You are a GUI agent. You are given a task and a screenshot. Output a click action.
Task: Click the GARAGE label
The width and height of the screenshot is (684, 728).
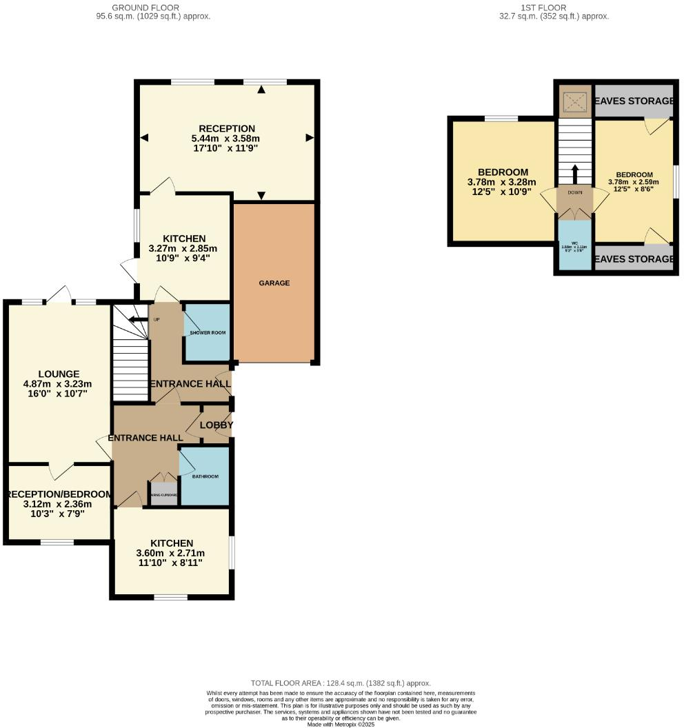click(x=274, y=283)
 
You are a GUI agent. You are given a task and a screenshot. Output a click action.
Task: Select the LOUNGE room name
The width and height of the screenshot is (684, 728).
click(x=59, y=374)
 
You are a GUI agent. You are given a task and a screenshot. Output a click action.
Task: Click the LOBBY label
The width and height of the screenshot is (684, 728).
click(x=217, y=425)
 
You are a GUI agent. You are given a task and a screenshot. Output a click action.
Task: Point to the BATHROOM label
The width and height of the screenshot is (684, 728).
click(x=205, y=477)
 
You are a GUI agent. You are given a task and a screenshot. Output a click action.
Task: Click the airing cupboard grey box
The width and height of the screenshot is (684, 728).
click(x=165, y=494)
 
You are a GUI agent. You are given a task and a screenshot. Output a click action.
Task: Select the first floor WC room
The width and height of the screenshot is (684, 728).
click(x=575, y=246)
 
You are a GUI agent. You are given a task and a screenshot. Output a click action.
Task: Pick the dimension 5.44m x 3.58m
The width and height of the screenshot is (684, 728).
click(x=227, y=139)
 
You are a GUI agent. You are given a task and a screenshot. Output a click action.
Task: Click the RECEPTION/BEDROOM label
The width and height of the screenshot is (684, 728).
click(x=58, y=494)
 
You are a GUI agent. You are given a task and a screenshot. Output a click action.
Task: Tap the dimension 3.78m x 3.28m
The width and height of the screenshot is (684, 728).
click(x=503, y=182)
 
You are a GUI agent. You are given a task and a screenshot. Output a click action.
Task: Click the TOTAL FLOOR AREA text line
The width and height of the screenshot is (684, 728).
click(x=341, y=682)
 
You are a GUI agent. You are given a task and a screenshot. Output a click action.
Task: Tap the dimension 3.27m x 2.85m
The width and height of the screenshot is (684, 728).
click(x=183, y=248)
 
